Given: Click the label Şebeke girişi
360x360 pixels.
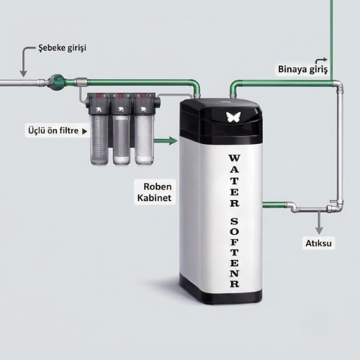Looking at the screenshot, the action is click(62, 48).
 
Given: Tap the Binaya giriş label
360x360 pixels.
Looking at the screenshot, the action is click(302, 69).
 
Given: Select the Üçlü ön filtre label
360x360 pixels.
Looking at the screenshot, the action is click(53, 131).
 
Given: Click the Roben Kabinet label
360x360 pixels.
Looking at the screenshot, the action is click(155, 192).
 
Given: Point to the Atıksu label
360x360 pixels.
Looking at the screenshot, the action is click(318, 243).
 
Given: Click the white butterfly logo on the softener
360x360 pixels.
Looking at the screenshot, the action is click(233, 117).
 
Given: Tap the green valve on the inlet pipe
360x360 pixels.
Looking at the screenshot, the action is click(56, 82).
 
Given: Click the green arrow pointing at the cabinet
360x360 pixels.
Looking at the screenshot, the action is click(166, 140).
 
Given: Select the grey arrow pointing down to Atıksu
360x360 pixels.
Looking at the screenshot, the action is click(319, 222).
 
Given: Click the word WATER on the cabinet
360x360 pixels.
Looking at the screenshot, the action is click(234, 181).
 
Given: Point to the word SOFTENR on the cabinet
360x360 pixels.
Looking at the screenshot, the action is click(235, 253).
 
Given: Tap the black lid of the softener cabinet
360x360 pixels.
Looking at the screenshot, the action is click(221, 120).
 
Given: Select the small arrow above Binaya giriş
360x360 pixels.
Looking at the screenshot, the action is click(321, 61).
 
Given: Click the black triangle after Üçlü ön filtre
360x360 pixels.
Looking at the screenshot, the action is click(84, 131).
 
